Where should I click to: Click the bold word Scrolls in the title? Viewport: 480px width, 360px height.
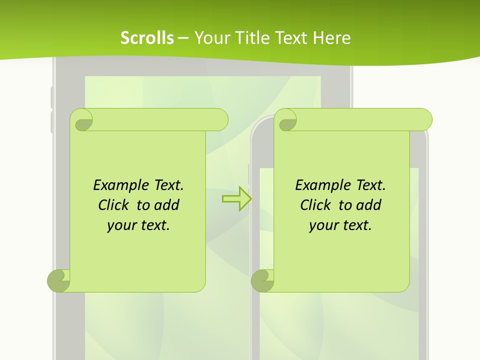(x=147, y=38)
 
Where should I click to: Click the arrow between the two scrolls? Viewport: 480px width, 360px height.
(x=236, y=198)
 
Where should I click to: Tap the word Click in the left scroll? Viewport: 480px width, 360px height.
(x=114, y=205)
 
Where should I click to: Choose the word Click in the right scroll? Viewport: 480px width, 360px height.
(x=316, y=205)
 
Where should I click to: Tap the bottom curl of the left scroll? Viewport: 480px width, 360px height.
(x=58, y=280)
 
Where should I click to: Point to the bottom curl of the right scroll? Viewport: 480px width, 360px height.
(x=262, y=280)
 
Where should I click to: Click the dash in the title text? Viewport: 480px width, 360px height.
(x=183, y=38)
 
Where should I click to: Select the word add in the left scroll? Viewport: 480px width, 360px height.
(x=167, y=205)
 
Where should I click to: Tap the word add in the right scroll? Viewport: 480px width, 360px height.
(x=369, y=205)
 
